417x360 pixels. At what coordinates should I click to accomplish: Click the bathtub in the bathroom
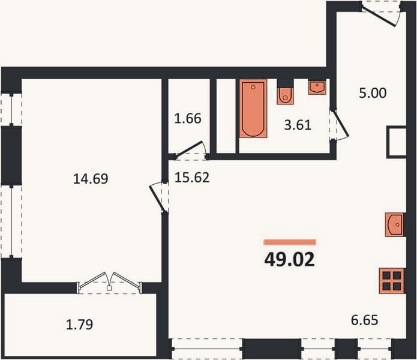(253, 108)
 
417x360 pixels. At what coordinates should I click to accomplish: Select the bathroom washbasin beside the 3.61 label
(317, 87)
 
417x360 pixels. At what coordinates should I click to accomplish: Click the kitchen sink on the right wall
(395, 224)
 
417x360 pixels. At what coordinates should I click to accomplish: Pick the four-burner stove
(392, 281)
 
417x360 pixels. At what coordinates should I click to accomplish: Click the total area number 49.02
(289, 259)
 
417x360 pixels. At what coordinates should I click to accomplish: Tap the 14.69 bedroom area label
(91, 179)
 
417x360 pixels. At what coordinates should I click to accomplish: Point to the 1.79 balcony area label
(79, 325)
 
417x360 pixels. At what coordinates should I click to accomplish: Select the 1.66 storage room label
(187, 119)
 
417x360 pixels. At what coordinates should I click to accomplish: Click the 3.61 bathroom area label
(298, 125)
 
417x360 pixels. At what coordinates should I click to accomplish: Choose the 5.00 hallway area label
(373, 93)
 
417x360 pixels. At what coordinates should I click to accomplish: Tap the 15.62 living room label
(192, 178)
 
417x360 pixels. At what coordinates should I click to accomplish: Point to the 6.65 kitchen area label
(364, 320)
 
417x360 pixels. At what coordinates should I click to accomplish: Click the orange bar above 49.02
(290, 242)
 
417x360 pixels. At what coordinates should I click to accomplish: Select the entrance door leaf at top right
(379, 16)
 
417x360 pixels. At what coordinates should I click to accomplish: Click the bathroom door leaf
(341, 124)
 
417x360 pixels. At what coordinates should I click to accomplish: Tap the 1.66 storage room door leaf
(190, 148)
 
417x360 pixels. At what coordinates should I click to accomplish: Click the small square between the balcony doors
(109, 288)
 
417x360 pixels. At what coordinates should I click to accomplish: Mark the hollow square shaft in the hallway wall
(396, 142)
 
